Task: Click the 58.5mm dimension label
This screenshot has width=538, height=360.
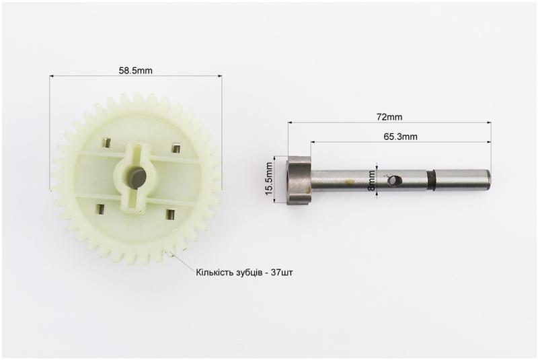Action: click(136, 71)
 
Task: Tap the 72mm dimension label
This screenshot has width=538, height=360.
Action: click(389, 116)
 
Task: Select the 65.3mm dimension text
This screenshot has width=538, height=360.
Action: click(400, 137)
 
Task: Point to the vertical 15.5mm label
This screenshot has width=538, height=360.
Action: click(269, 178)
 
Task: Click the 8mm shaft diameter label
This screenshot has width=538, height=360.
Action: click(371, 180)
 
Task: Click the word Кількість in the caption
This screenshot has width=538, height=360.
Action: click(215, 273)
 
